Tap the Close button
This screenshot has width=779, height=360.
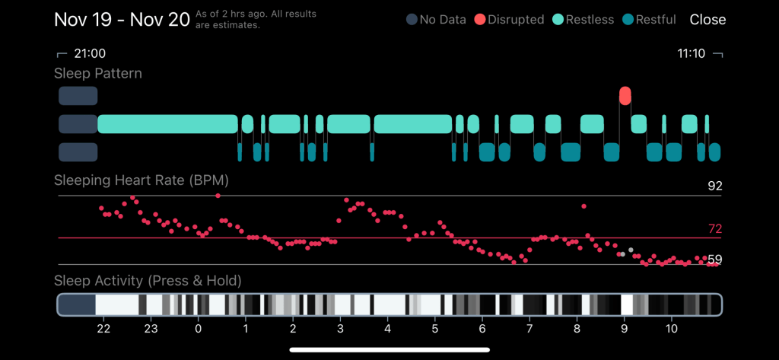pos(707,20)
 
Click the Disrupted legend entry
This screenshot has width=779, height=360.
pos(508,20)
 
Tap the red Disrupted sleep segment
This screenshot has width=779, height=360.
pos(625,96)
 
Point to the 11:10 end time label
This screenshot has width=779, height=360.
pos(692,54)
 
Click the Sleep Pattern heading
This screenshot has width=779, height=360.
pos(98,74)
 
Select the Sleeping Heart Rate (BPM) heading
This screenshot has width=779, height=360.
pos(141,181)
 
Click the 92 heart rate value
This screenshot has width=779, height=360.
pos(714,186)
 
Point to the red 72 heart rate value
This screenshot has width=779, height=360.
pos(714,228)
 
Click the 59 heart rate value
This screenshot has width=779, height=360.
pos(714,260)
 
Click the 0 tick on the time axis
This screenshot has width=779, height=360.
pos(199,329)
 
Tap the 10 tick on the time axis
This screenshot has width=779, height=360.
pos(671,329)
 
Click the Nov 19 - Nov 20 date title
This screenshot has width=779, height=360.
pos(122,19)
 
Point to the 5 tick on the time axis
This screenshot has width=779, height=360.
pos(434,329)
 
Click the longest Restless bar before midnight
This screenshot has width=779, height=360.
pos(167,124)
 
